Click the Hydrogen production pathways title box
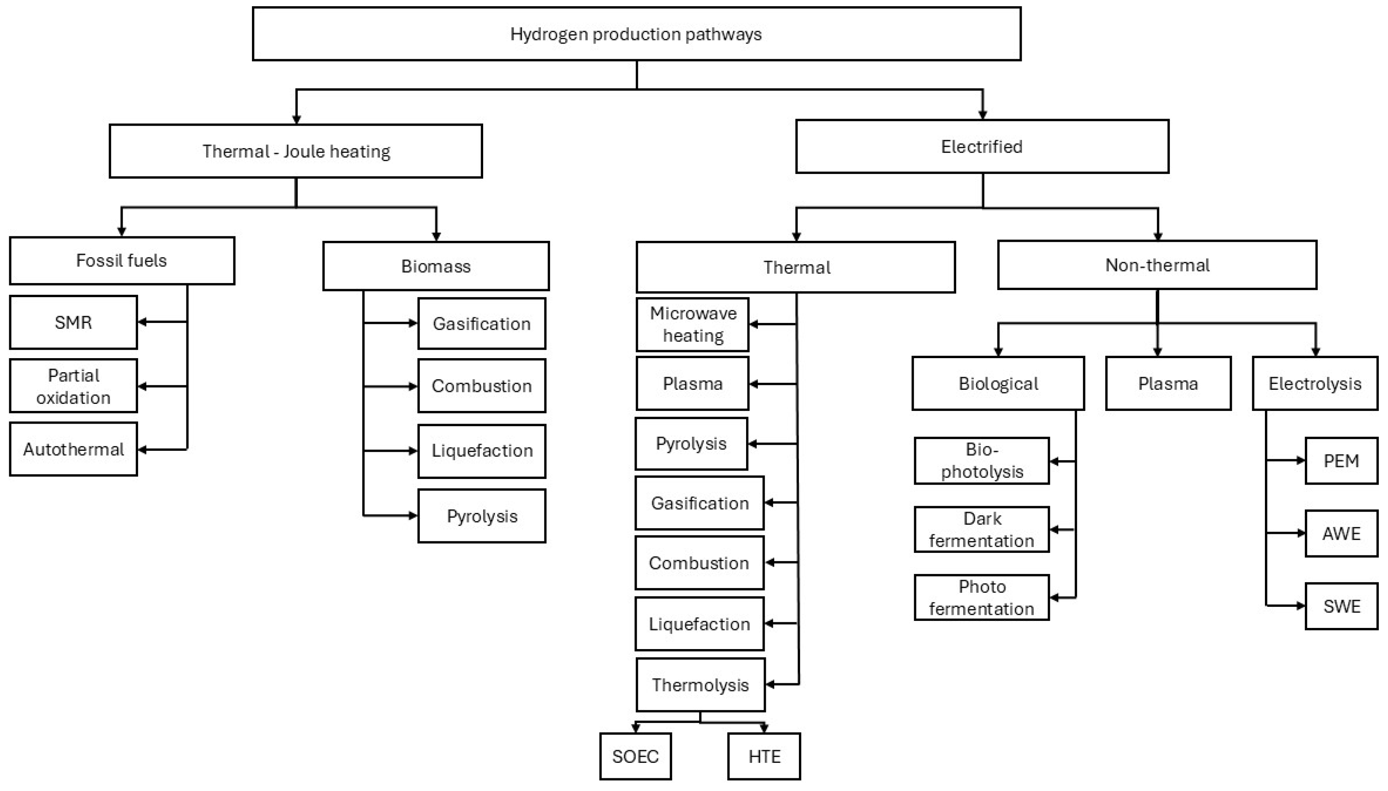(x=636, y=34)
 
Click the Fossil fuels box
(x=122, y=261)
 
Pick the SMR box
(x=73, y=323)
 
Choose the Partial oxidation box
(x=73, y=386)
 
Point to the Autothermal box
(x=73, y=449)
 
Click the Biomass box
(x=436, y=266)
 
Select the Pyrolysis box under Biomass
(x=481, y=516)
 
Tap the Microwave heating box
(x=692, y=324)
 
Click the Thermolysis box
(x=700, y=685)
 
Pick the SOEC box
(x=635, y=757)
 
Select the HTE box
(x=764, y=757)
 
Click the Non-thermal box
(x=1157, y=265)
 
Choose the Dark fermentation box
(x=981, y=530)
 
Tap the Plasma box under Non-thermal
(x=1168, y=384)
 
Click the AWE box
(x=1341, y=533)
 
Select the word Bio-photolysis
(x=981, y=461)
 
